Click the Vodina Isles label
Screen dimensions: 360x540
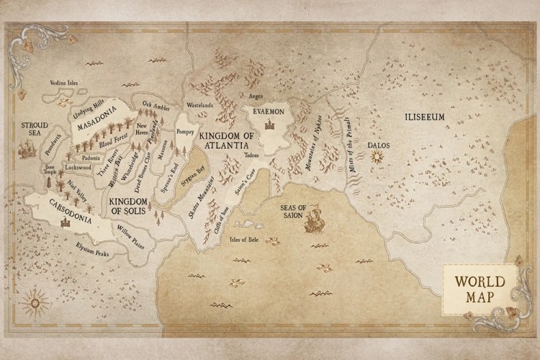pos(63,83)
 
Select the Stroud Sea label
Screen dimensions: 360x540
pos(35,127)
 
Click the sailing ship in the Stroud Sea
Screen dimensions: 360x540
pos(27,149)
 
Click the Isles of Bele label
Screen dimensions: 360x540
pos(243,239)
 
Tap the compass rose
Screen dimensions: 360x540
pos(33,303)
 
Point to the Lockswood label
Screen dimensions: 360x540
pos(78,167)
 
